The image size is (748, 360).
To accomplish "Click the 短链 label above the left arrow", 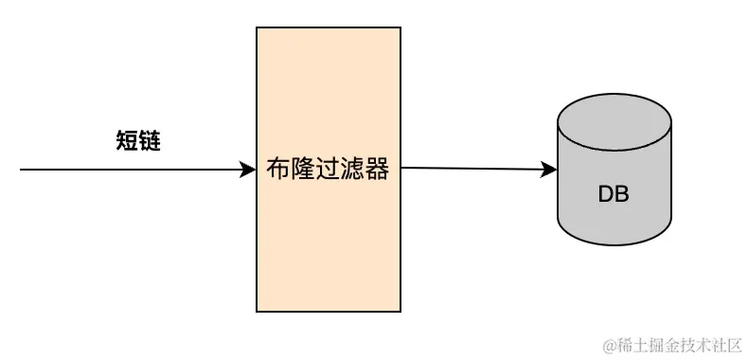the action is (x=138, y=141).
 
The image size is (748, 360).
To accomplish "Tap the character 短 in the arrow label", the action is (x=127, y=141).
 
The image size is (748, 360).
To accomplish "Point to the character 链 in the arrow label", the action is (x=150, y=141).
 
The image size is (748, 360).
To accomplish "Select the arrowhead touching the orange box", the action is (x=250, y=171).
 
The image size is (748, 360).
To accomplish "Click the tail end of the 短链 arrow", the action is (x=22, y=171).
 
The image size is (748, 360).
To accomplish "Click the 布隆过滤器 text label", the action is (x=328, y=171).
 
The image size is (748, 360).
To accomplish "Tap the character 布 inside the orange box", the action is (x=278, y=171).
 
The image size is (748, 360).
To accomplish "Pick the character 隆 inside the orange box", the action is (x=303, y=171).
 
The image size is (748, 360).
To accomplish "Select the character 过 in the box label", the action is (x=328, y=171).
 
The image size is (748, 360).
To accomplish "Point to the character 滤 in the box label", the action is (x=352, y=171).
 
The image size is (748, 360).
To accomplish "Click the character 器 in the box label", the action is (x=377, y=171).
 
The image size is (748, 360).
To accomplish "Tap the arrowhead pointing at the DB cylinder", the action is (x=550, y=170).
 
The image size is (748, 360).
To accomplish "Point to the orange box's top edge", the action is (x=328, y=27).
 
